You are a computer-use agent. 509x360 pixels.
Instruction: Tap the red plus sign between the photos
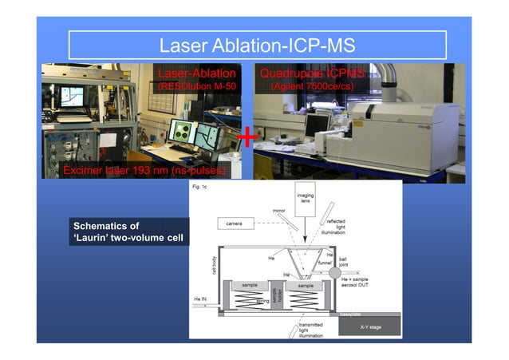pyautogui.click(x=248, y=138)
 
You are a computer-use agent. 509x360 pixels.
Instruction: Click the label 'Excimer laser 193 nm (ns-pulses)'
pyautogui.click(x=146, y=171)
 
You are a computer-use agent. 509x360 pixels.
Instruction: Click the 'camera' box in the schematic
pyautogui.click(x=235, y=223)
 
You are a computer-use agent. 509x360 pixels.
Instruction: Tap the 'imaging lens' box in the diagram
pyautogui.click(x=305, y=198)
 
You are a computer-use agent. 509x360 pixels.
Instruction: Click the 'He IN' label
pyautogui.click(x=202, y=299)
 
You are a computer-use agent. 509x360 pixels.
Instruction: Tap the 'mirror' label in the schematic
pyautogui.click(x=278, y=211)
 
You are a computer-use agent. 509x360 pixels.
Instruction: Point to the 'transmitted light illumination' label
pyautogui.click(x=310, y=331)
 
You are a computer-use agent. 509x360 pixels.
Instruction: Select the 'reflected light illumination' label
pyautogui.click(x=337, y=226)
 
